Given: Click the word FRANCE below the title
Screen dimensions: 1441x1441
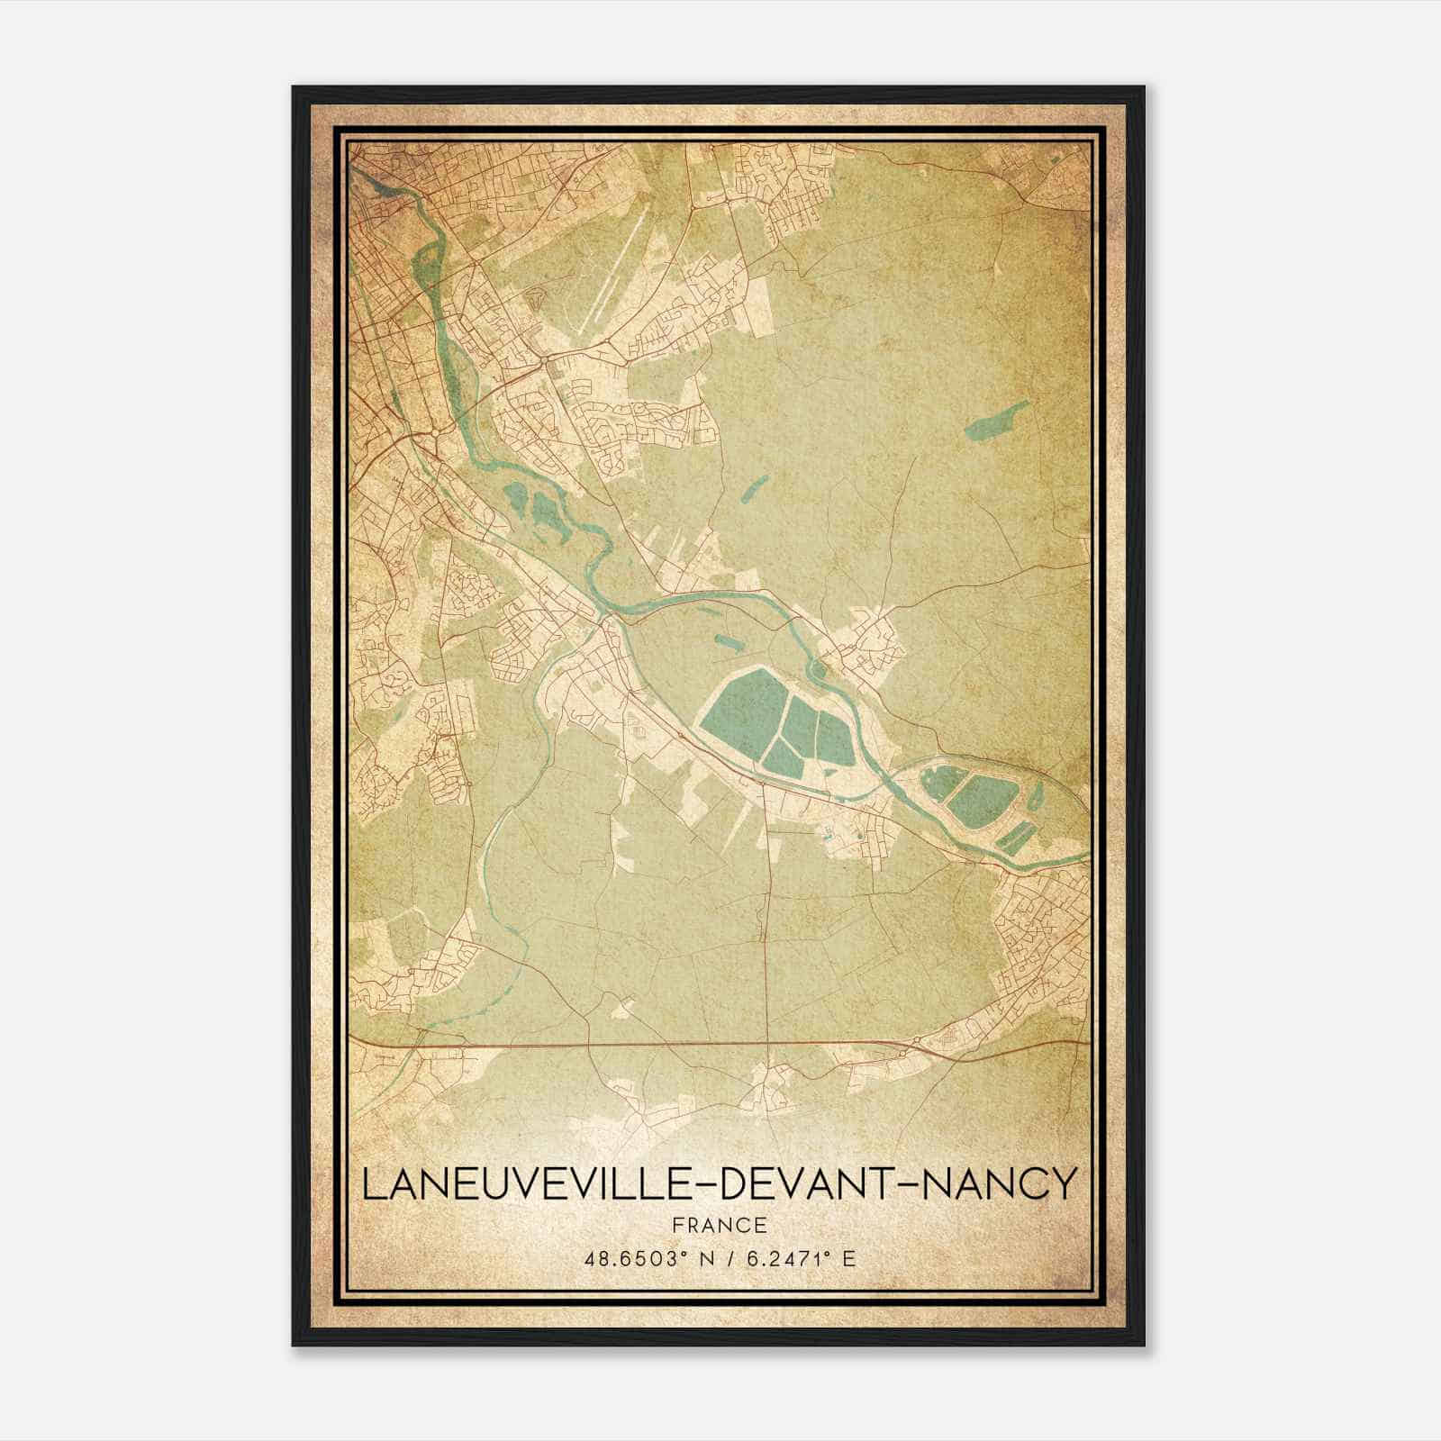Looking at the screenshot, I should tap(719, 1225).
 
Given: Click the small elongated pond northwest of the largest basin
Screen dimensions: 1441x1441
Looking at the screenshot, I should tap(725, 642).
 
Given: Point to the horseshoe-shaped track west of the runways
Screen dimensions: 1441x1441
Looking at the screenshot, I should tap(535, 299).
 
